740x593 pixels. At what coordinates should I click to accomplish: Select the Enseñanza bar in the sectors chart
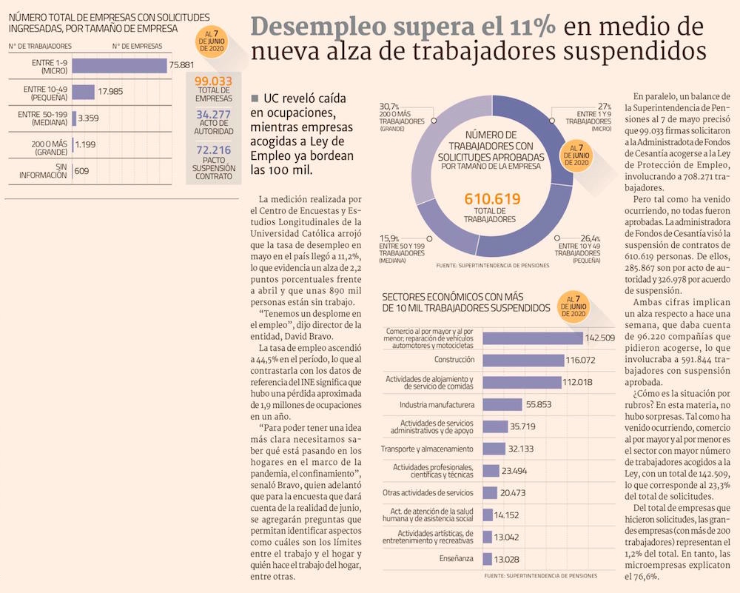(x=487, y=559)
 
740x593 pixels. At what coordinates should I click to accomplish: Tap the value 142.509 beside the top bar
(x=600, y=338)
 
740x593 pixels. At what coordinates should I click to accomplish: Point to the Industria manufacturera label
(x=437, y=405)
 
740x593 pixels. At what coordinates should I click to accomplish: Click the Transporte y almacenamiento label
(x=427, y=449)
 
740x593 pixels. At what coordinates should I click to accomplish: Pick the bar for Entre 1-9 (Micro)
(x=119, y=65)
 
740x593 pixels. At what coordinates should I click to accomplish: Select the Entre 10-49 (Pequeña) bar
(x=83, y=91)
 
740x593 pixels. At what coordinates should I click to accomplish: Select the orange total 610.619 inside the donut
(x=492, y=199)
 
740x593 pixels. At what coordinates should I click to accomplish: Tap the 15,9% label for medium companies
(x=389, y=236)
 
